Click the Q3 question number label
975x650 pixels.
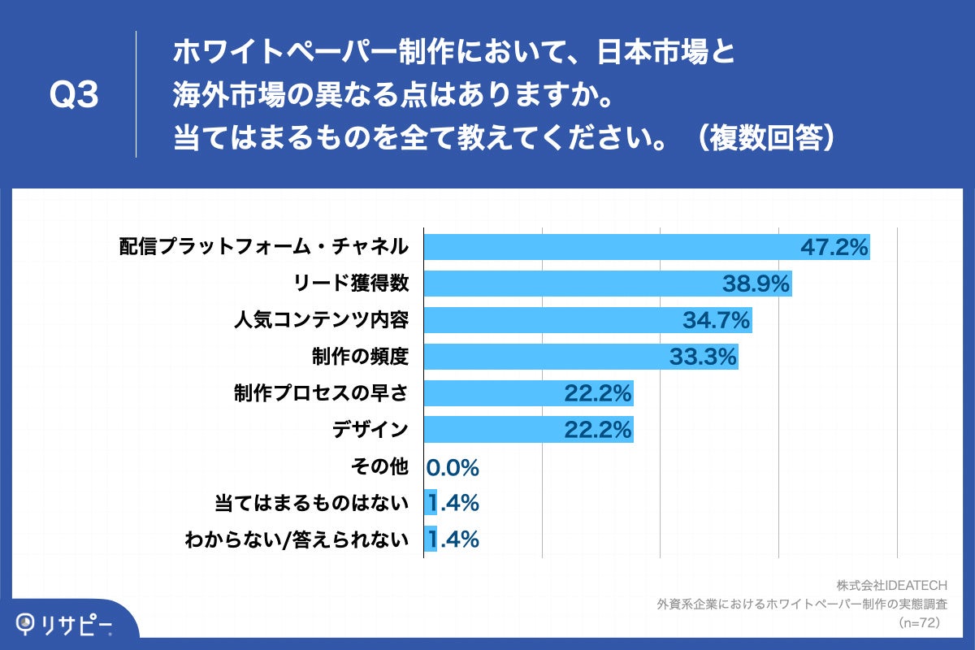pyautogui.click(x=74, y=96)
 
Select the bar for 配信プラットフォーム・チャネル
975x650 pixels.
pyautogui.click(x=609, y=246)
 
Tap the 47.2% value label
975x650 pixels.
pyautogui.click(x=834, y=246)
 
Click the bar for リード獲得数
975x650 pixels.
pyautogui.click(x=569, y=283)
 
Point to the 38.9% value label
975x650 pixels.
pyautogui.click(x=756, y=283)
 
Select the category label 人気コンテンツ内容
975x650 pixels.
pyautogui.click(x=320, y=319)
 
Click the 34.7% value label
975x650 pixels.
pyautogui.click(x=715, y=319)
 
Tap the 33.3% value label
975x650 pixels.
pyautogui.click(x=702, y=356)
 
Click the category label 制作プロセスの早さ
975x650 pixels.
pyautogui.click(x=320, y=393)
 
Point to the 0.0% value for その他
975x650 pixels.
pyautogui.click(x=453, y=467)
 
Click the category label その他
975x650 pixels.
pyautogui.click(x=379, y=467)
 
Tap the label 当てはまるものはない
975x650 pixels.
pyautogui.click(x=310, y=504)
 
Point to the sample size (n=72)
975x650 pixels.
pyautogui.click(x=919, y=622)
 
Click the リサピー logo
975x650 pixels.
pyautogui.click(x=65, y=624)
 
